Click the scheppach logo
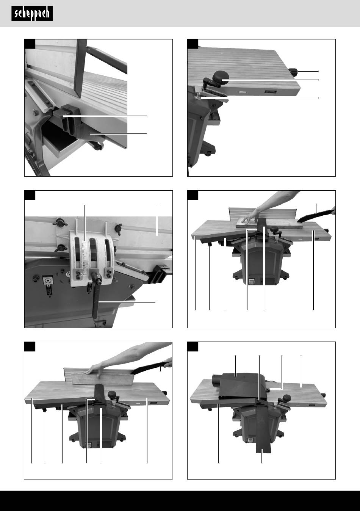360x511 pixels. coord(32,14)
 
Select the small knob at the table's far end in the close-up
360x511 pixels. coord(293,72)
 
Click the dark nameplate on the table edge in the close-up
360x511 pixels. coord(271,92)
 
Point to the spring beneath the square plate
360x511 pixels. coord(49,290)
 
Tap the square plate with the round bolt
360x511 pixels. coord(48,280)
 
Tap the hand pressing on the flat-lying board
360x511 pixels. coord(249,217)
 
